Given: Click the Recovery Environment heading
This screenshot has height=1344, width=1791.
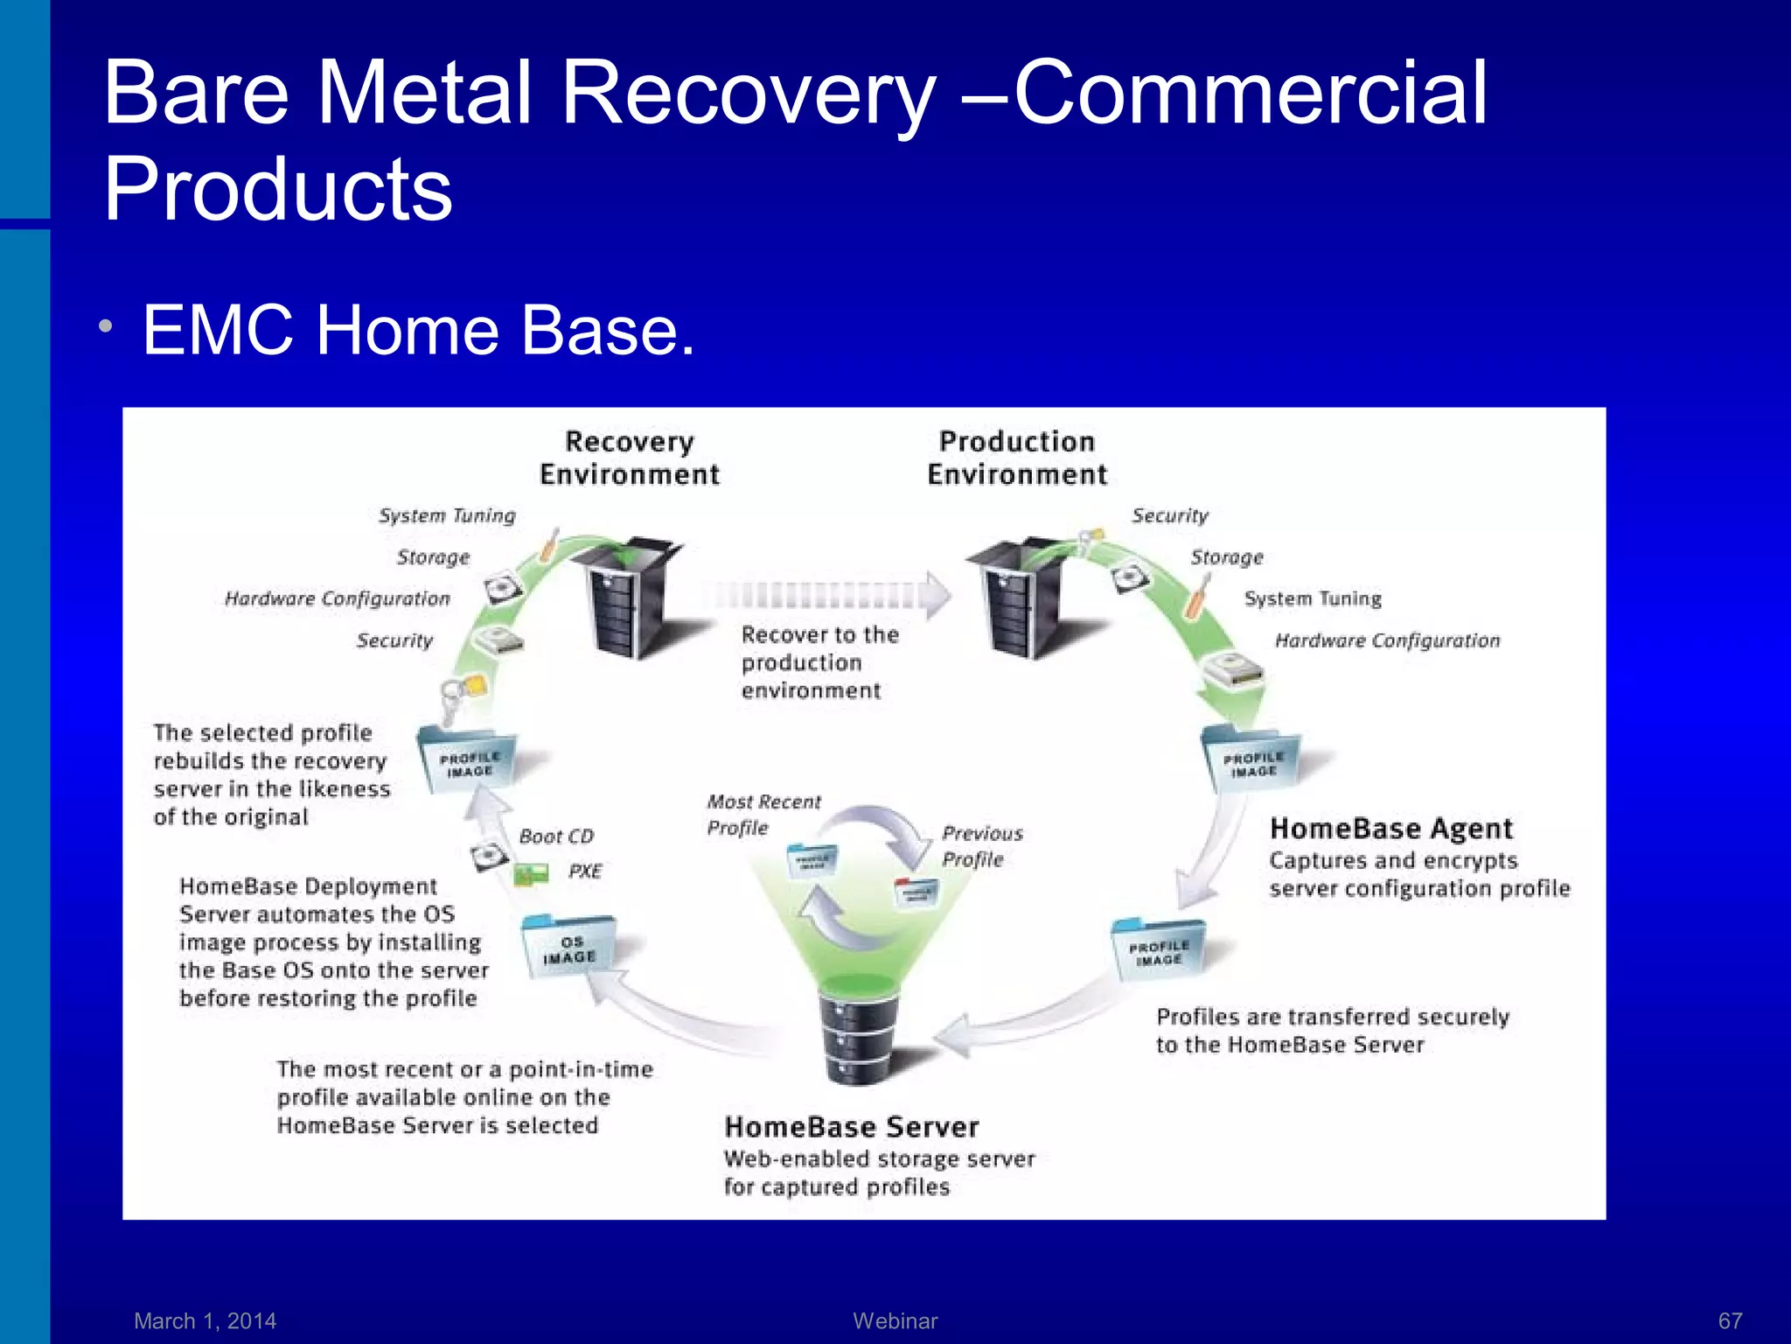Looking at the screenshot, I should point(630,458).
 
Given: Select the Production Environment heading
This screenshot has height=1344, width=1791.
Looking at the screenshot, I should point(1017,458).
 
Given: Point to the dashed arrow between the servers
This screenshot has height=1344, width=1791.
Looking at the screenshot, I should point(826,595).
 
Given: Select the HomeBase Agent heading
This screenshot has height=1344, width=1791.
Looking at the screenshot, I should point(1390,828).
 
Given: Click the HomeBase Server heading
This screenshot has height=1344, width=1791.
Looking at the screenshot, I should point(852,1127).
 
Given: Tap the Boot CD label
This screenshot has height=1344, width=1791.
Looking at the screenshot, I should point(556,836).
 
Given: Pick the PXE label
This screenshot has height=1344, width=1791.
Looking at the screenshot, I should point(585,871).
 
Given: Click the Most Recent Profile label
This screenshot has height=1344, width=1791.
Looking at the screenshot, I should point(763,815).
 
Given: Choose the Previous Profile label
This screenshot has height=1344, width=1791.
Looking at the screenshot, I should point(981,846).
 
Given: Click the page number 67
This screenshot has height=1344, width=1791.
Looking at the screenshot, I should point(1730,1320).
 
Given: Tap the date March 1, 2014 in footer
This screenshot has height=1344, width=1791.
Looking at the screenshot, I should point(205,1320).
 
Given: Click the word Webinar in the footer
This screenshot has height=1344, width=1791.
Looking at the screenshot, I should point(895,1320).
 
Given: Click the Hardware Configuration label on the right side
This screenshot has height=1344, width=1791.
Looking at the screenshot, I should point(1387,640).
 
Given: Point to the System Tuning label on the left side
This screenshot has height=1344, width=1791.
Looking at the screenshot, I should point(447,515).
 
